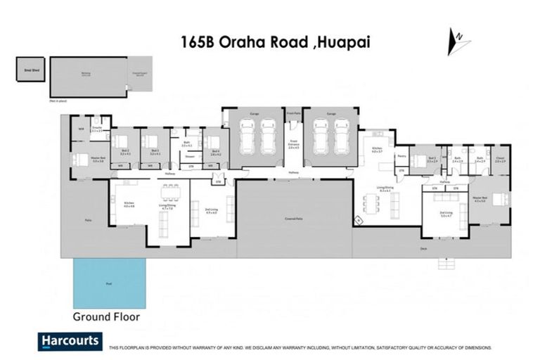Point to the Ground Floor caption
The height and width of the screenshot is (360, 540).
coord(106,317)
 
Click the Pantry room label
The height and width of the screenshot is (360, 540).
coord(401,156)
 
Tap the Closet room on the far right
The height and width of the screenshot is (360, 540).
coord(500,160)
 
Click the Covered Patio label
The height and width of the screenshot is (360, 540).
coord(294,219)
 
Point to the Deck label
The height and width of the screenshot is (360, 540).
coord(423,247)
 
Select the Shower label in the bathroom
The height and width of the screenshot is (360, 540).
coord(190,156)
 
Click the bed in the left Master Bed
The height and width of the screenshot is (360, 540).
coord(78,158)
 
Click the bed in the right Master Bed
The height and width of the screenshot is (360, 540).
coord(500,199)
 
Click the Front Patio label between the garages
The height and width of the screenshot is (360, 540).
coord(294,112)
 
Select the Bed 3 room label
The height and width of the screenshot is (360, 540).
coord(155,142)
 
